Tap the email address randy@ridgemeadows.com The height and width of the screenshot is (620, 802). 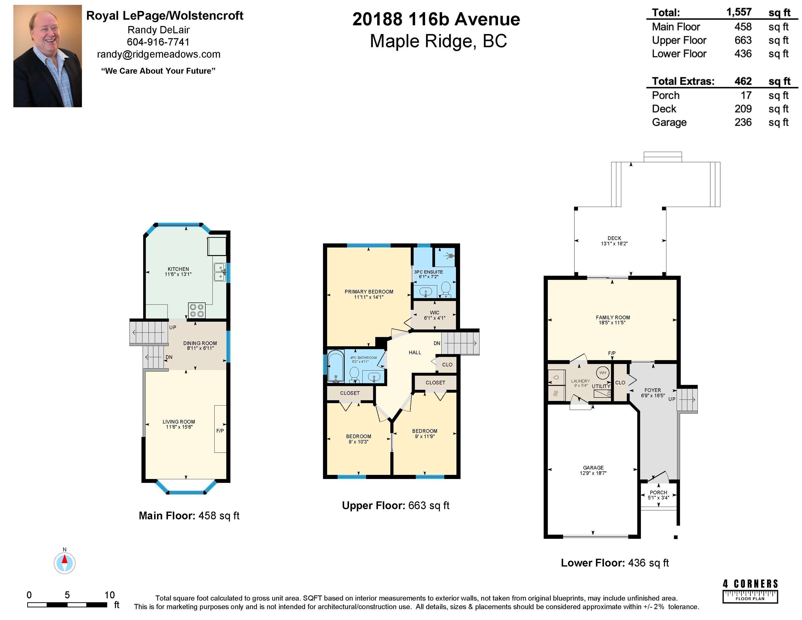point(159,54)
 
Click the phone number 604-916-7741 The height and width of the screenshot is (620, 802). point(158,42)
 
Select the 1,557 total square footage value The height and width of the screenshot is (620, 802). point(739,12)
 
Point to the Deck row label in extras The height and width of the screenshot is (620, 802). point(664,109)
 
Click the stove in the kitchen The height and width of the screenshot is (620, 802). point(197,310)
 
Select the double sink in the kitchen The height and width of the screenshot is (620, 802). point(220,272)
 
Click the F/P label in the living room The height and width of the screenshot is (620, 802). point(220,431)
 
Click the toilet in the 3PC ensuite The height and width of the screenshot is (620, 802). point(446,290)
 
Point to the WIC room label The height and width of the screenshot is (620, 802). point(434,313)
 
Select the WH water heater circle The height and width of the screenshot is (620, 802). point(603,373)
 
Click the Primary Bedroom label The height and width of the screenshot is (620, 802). point(369,292)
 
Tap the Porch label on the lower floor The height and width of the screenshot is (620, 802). point(658,492)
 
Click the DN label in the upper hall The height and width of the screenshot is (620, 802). point(437,343)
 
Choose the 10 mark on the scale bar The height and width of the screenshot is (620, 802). point(109,595)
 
